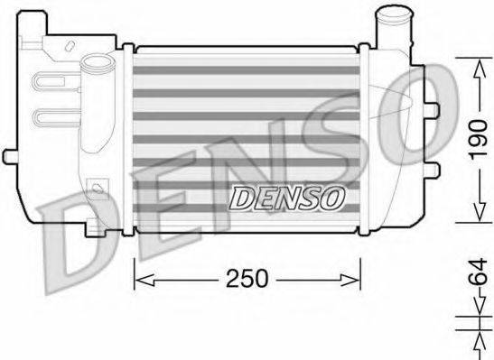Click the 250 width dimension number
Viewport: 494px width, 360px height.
point(247,279)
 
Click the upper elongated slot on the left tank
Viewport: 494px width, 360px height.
point(53,87)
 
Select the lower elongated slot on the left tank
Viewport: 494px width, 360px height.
point(53,115)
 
